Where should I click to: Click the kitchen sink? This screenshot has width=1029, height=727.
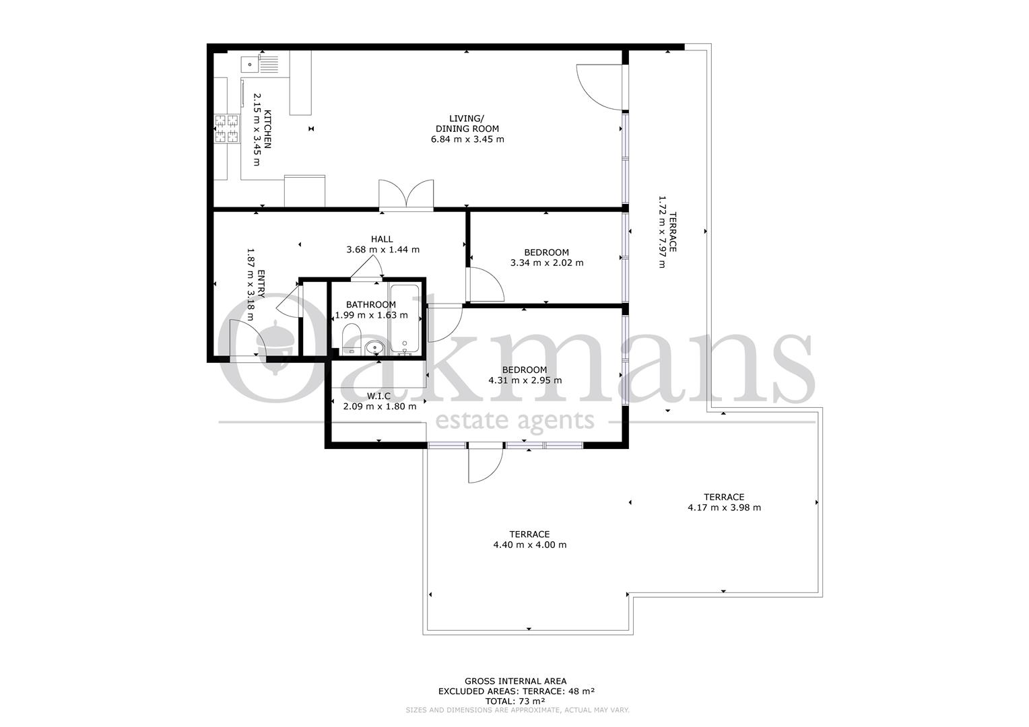pos(260,63)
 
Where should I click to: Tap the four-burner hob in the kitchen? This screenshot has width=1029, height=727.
pos(227,128)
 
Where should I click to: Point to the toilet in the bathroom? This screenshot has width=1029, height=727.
pos(352,339)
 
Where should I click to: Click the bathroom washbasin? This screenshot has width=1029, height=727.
pos(375,347)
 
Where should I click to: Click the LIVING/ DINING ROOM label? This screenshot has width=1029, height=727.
pos(467,124)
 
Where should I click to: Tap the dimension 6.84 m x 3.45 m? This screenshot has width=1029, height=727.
pos(467,139)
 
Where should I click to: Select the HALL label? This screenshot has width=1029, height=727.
pos(382,239)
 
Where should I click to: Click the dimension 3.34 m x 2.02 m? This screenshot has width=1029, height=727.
pos(547,263)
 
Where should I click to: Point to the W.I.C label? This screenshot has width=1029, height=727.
pos(378,396)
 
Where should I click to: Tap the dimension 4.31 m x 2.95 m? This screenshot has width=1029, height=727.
pos(525,380)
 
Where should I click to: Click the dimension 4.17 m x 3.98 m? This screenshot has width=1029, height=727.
pos(724,508)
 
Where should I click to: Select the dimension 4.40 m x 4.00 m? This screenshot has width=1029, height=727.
pos(530,545)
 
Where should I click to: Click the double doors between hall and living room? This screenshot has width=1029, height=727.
pos(406,195)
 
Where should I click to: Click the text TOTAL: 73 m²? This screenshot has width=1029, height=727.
pos(515,701)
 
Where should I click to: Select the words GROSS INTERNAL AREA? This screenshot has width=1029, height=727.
pos(515,681)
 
